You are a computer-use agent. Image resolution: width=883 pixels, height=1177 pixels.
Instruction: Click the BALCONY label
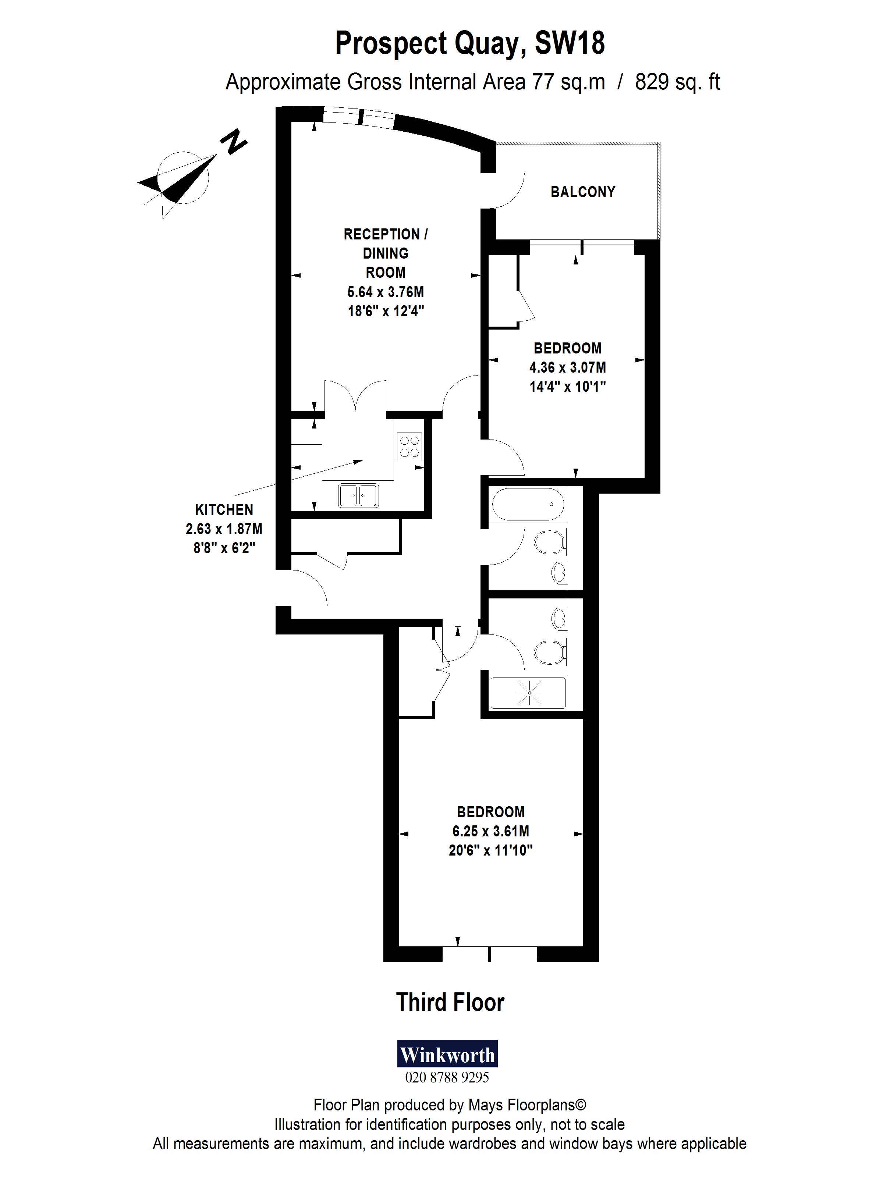tap(582, 192)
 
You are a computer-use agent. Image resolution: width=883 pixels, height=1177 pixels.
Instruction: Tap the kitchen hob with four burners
tap(409, 447)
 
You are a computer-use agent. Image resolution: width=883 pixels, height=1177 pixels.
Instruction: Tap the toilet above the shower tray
tap(549, 652)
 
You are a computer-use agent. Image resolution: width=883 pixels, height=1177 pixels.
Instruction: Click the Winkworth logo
tap(447, 1053)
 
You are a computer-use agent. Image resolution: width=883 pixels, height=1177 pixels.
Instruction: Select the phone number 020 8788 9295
tap(447, 1077)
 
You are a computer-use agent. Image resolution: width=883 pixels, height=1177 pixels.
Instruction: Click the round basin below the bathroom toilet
tap(559, 573)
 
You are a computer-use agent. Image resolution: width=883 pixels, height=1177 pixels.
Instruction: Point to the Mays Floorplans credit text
tap(449, 1105)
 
